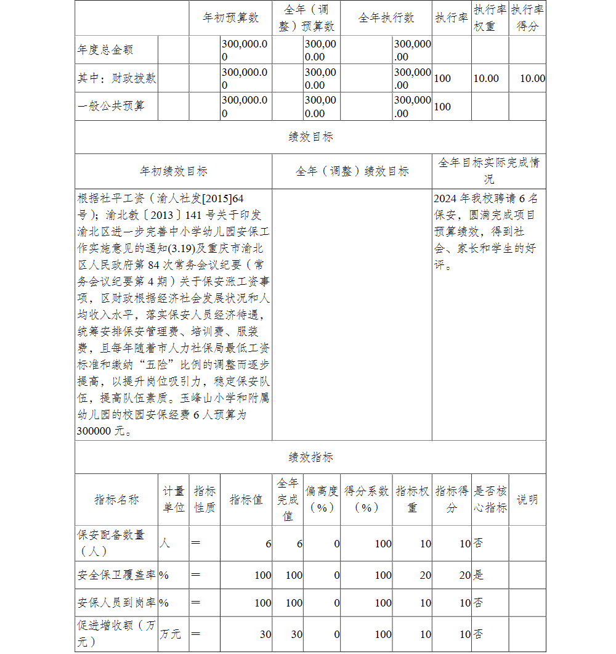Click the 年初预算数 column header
pos(231,18)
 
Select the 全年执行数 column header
pos(386,18)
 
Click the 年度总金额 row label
pos(105,50)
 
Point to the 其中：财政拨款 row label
pos(117,78)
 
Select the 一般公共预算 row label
pos(111,106)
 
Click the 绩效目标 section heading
pos(310,137)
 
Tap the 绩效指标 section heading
pos(310,457)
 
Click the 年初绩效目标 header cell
pos(174,171)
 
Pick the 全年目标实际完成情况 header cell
pos(488,171)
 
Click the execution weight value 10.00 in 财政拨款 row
pos(486,78)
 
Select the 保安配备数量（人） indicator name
pos(111,543)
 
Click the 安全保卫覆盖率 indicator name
pos(116,575)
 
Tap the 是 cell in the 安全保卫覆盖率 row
pos(478,575)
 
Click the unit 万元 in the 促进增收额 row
pos(171,634)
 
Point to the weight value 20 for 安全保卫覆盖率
pos(425,575)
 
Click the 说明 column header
pos(527,499)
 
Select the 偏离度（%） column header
pos(322,499)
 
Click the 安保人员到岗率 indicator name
pos(116,603)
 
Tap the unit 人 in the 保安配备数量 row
pos(164,543)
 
